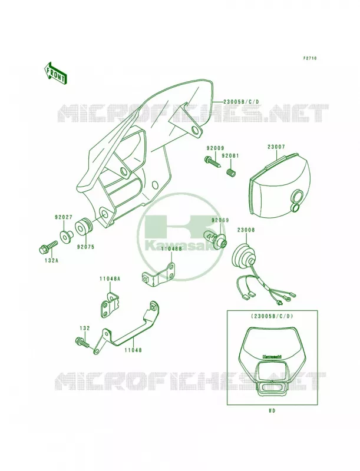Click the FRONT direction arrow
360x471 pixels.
point(55,73)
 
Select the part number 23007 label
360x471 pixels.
point(276,147)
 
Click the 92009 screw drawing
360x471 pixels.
point(213,162)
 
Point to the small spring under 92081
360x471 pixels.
point(231,173)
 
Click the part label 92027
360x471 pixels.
point(63,217)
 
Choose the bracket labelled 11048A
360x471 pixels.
point(110,304)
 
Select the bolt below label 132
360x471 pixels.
point(82,342)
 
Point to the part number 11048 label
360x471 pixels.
point(133,350)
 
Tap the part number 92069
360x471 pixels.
point(220,220)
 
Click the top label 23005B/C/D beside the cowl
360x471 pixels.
point(241,101)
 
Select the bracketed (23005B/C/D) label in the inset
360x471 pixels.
point(272,316)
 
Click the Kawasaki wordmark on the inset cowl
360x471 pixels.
point(272,357)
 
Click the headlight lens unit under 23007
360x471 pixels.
point(279,186)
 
